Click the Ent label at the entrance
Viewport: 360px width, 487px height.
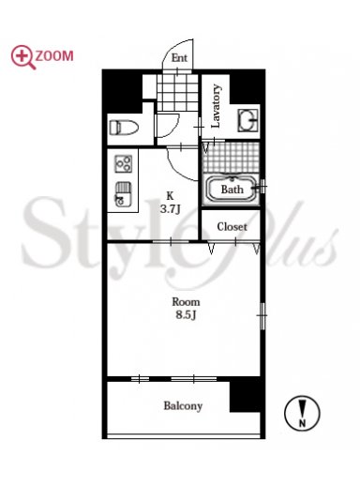179,58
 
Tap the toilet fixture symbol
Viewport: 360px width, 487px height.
124,128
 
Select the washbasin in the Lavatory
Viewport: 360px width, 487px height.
248,120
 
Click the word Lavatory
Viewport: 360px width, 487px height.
216,106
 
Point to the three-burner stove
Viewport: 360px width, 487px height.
123,164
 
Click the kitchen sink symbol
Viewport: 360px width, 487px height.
123,194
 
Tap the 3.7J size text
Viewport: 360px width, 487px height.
170,209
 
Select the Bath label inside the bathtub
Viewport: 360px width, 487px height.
232,190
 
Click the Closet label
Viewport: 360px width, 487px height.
232,227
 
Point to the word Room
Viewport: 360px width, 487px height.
186,302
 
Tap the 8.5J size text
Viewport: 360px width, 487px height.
186,314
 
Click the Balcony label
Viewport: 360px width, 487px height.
183,406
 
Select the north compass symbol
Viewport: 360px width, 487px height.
302,413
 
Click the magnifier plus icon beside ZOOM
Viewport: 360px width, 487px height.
23,57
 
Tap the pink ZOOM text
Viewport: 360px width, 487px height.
54,56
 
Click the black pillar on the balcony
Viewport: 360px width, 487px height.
245,396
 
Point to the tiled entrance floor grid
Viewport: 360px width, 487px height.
177,92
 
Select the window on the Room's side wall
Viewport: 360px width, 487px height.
262,315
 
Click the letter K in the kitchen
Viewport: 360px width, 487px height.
170,196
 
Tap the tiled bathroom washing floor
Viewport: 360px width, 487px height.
232,157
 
